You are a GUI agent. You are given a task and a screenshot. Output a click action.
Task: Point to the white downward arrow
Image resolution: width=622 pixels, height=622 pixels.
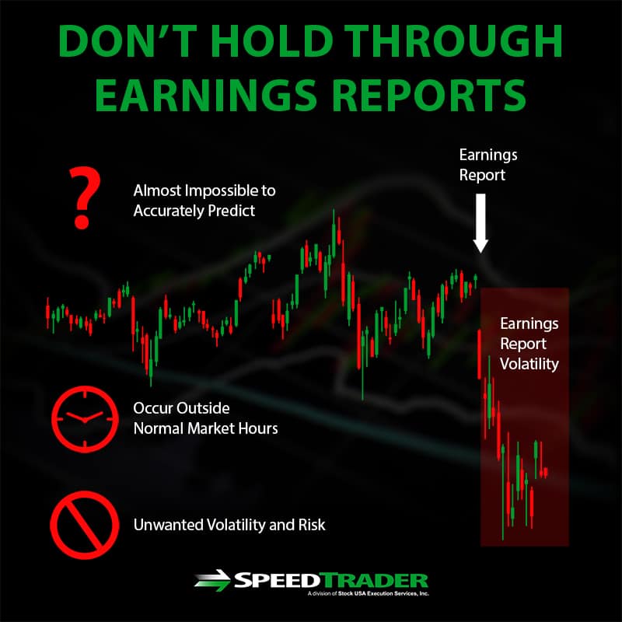pyautogui.click(x=480, y=223)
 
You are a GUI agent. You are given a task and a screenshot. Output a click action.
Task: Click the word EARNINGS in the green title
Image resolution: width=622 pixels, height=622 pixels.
pyautogui.click(x=205, y=95)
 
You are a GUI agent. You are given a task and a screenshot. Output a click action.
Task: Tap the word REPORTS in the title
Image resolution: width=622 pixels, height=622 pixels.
pyautogui.click(x=429, y=95)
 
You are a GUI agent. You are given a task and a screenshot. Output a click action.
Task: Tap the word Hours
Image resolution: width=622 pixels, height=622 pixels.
pyautogui.click(x=258, y=428)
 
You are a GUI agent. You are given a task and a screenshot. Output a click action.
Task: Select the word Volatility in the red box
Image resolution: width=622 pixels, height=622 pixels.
pyautogui.click(x=529, y=364)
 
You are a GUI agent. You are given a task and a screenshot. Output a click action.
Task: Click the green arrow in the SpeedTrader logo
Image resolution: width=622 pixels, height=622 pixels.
pyautogui.click(x=212, y=580)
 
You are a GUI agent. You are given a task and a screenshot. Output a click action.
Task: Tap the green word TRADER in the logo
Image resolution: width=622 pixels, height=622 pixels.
pyautogui.click(x=374, y=581)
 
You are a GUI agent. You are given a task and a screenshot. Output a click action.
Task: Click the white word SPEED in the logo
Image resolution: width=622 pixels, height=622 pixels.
pyautogui.click(x=277, y=581)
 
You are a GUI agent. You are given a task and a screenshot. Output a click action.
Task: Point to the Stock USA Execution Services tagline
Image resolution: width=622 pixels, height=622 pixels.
pyautogui.click(x=368, y=593)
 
